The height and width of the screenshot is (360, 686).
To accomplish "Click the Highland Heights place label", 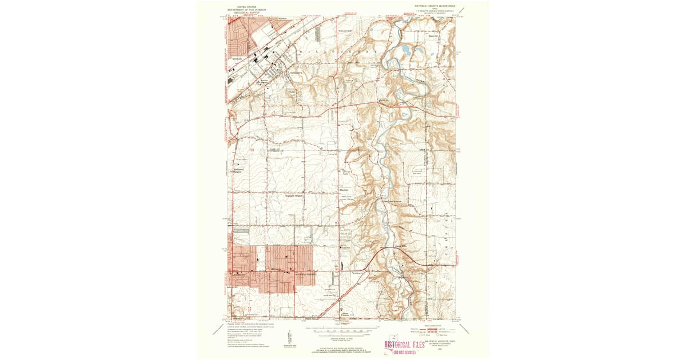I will click(293, 195).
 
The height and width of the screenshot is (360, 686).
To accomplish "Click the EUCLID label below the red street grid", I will click(236, 58).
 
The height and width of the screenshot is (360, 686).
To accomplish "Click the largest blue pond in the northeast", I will click(405, 50).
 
